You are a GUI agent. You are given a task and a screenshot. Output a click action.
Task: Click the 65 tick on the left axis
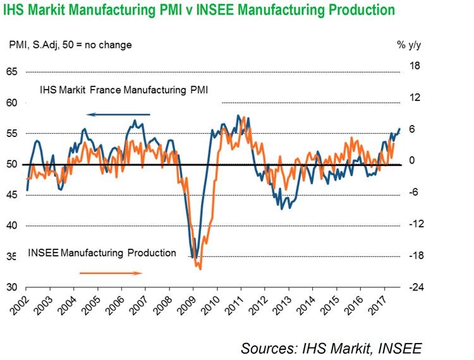[11, 72]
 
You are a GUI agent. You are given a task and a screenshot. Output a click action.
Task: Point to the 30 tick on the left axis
[11, 287]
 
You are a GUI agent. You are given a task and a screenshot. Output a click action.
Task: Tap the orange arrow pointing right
[111, 273]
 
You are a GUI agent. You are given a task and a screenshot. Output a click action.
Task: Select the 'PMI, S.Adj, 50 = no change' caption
[70, 45]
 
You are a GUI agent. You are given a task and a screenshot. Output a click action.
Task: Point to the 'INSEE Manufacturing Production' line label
[102, 253]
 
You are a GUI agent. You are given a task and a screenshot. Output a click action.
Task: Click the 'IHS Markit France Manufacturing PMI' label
[124, 90]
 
